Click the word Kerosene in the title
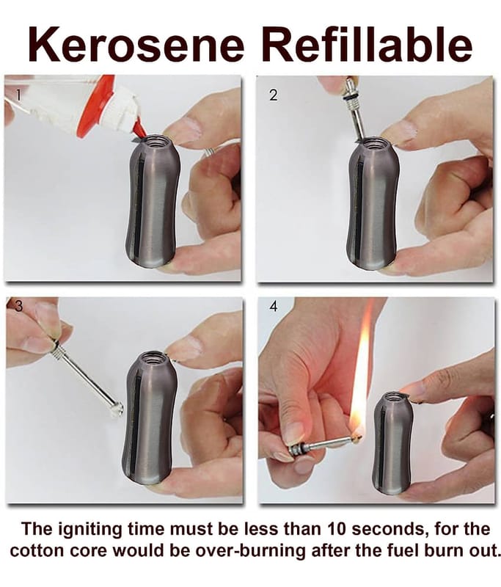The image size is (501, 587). pos(136,44)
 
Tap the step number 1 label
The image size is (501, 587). pos(18,95)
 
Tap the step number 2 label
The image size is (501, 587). pos(274,95)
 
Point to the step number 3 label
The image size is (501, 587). pos(18,306)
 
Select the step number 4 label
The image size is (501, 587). pos(274,306)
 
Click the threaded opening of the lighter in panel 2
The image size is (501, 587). pos(375,143)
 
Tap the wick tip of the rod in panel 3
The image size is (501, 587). pos(117,409)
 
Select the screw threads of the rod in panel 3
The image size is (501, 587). pos(60,351)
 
